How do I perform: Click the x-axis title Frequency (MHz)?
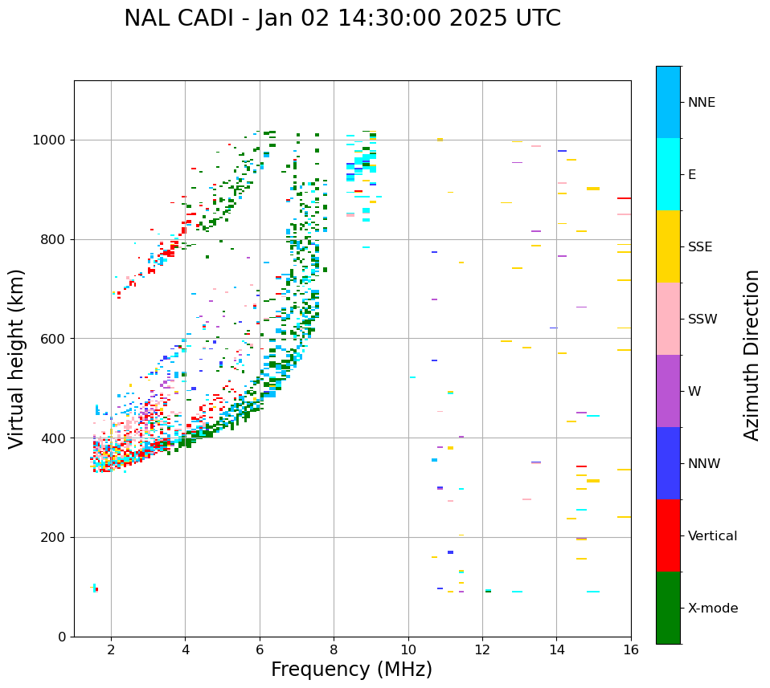351,670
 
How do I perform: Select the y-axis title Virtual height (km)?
17,358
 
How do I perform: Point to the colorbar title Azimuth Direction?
752,355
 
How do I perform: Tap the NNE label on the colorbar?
701,103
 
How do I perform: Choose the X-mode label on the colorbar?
713,609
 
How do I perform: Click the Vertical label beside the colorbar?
712,536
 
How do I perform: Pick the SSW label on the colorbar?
702,320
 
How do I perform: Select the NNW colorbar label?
704,464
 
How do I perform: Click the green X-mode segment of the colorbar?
668,608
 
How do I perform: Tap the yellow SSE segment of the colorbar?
668,246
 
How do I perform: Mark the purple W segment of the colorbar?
668,391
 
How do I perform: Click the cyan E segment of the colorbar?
668,174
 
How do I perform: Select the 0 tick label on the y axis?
62,637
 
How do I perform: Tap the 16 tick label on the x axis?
630,649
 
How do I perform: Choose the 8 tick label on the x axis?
334,649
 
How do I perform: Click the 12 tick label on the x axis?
482,649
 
